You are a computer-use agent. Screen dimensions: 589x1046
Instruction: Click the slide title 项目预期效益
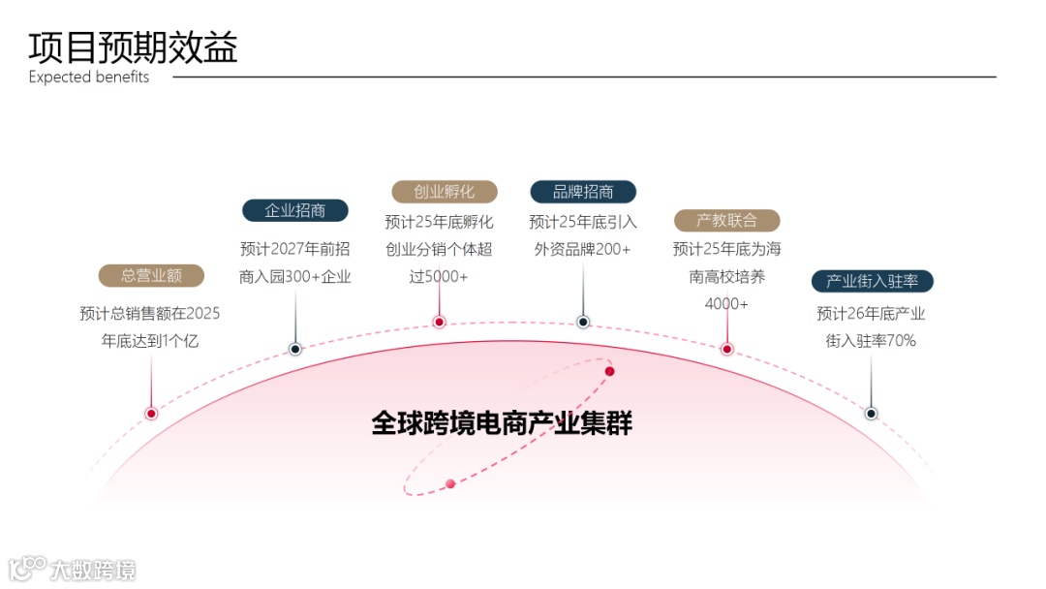pos(133,46)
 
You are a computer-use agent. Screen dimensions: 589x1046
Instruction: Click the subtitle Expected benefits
pos(89,77)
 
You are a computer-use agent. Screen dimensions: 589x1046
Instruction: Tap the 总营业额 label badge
pos(151,276)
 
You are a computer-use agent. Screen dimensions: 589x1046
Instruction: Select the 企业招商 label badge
pos(295,211)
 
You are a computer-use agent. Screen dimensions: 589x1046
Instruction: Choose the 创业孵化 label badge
pos(444,192)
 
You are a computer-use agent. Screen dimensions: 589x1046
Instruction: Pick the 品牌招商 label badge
pos(583,192)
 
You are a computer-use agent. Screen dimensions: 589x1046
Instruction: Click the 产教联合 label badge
pos(726,221)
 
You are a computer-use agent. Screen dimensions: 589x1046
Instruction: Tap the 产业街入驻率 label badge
pos(872,282)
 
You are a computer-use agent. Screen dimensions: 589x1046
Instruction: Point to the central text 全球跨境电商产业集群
pos(502,423)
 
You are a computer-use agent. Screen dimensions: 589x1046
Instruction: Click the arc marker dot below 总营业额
pos(151,414)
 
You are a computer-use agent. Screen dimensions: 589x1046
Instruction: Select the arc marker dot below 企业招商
pos(295,349)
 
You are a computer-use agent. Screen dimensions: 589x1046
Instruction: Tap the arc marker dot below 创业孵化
pos(439,322)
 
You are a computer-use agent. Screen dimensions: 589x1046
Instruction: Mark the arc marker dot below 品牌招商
pos(583,322)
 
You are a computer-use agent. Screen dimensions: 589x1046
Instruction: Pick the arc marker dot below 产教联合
pos(726,349)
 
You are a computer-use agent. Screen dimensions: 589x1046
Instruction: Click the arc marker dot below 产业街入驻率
pos(871,414)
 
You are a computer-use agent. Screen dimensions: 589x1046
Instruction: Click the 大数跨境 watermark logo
pos(74,569)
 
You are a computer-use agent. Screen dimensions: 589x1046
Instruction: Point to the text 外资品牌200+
pos(582,249)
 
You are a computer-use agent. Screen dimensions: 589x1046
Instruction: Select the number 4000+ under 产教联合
pos(726,304)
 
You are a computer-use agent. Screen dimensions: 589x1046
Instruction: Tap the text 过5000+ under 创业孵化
pos(439,277)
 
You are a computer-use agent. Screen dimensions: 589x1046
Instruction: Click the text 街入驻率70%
pos(871,341)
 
